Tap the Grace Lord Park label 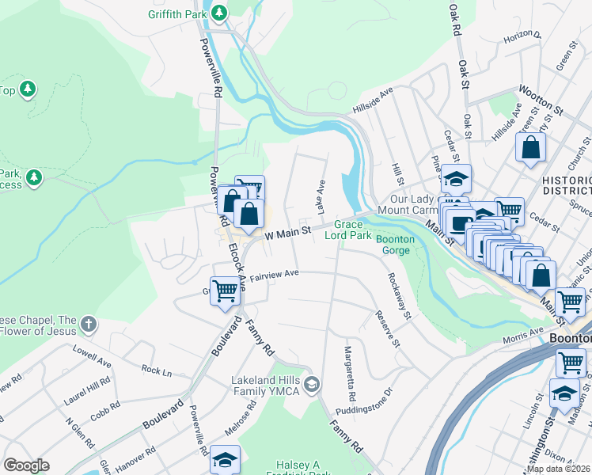[x=352, y=230]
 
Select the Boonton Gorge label [x=393, y=245]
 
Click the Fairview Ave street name [x=274, y=273]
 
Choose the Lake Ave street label [x=321, y=196]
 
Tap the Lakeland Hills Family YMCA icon [x=313, y=386]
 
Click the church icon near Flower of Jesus [x=89, y=324]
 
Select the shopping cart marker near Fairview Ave [x=225, y=291]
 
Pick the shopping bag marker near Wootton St [x=529, y=148]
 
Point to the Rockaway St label [x=399, y=297]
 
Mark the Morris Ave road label [x=523, y=336]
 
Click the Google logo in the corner [x=26, y=465]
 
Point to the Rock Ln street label [x=157, y=370]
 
